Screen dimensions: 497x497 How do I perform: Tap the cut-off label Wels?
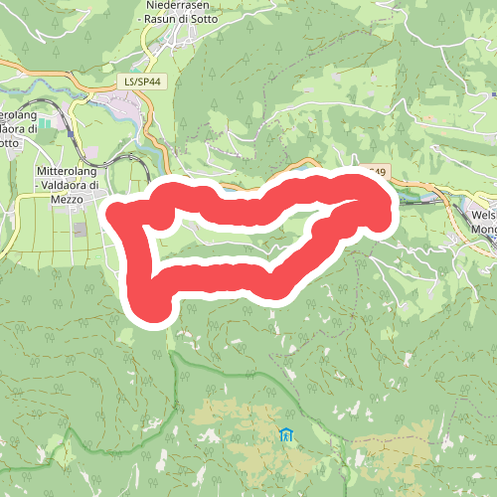(484, 214)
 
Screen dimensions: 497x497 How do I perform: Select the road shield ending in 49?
(377, 172)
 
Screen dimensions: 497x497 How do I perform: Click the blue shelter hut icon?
(286, 434)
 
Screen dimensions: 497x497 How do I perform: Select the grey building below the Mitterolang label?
(80, 230)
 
